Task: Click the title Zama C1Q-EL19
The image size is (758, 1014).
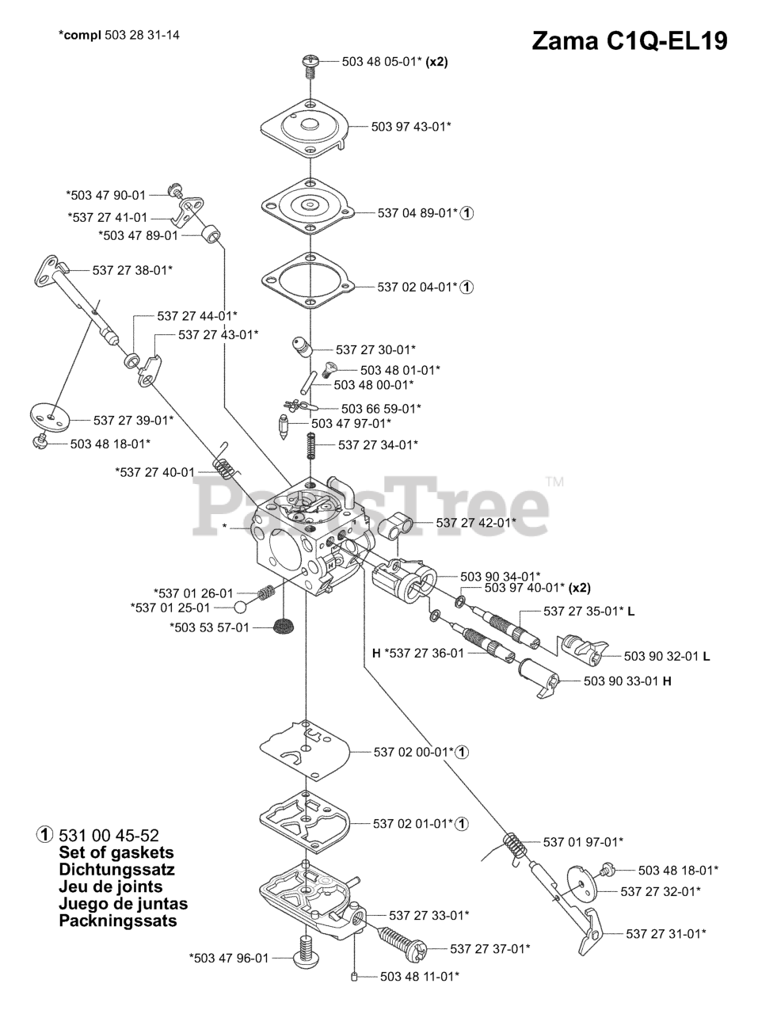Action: (629, 40)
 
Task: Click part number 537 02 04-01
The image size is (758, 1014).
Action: (417, 287)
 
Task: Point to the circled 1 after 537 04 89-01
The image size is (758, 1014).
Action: (468, 212)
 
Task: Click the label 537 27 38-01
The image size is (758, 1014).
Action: (132, 270)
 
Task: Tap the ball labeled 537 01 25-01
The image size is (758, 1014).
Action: (241, 608)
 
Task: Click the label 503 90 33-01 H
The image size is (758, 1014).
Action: (627, 680)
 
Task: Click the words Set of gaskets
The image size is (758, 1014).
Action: (116, 853)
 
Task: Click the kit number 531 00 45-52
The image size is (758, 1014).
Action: (109, 835)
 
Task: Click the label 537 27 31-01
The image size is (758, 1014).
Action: (666, 933)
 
